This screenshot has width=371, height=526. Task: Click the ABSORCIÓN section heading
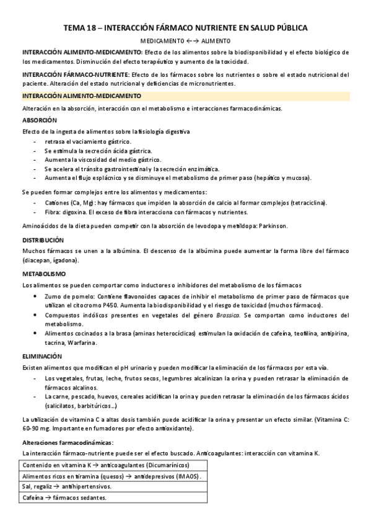(x=39, y=120)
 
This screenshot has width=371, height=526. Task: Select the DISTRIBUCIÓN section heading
(x=43, y=239)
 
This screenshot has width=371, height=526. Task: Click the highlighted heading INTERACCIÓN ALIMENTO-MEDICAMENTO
(x=82, y=96)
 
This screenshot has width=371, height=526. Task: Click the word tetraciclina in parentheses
(x=307, y=203)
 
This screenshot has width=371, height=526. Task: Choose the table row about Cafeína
(x=64, y=497)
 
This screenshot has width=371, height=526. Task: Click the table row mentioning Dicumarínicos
(x=105, y=465)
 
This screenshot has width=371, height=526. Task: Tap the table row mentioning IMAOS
(x=111, y=476)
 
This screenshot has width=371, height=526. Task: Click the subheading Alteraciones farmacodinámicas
(x=68, y=442)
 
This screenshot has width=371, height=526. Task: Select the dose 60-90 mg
(x=38, y=428)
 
